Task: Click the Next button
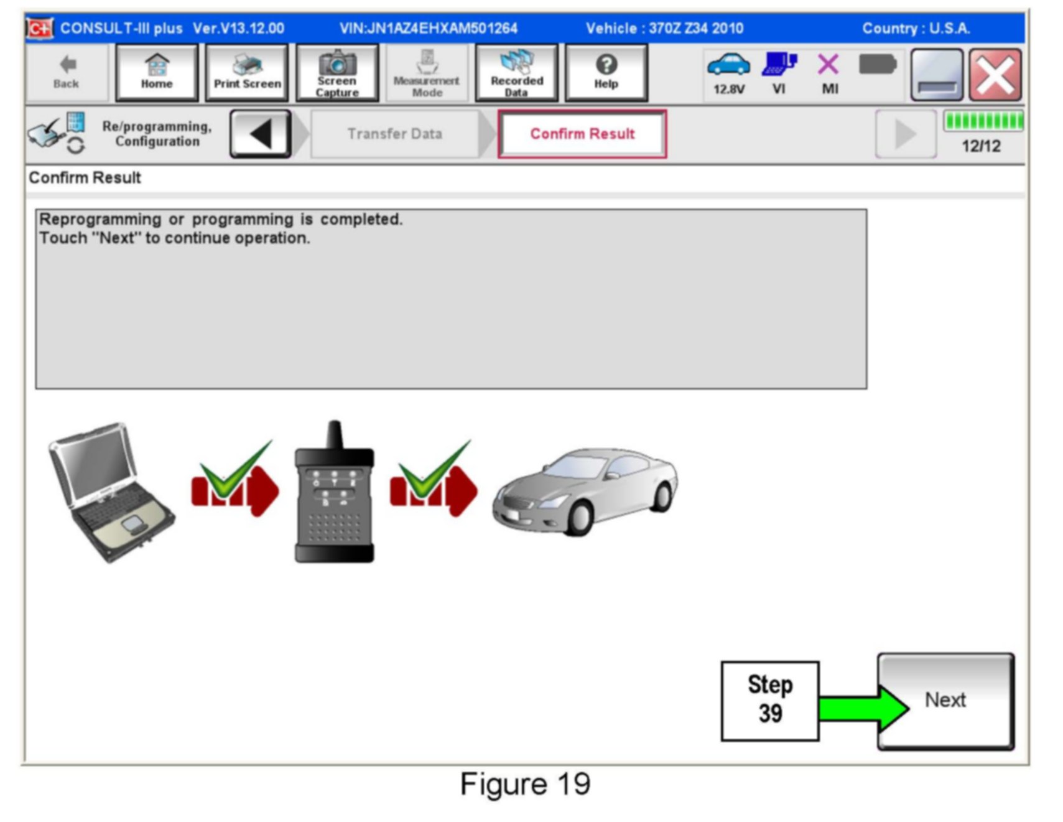(945, 701)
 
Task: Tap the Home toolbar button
(157, 73)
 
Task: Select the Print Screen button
(247, 73)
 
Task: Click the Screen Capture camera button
(337, 73)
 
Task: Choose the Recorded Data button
(516, 73)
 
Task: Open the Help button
(606, 73)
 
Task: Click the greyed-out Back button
(67, 73)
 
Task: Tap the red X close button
(995, 75)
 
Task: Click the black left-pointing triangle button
(261, 134)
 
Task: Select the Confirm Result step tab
(582, 134)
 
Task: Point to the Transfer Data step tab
(394, 134)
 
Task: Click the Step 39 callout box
(769, 701)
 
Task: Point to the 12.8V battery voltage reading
(728, 89)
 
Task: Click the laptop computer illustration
(111, 491)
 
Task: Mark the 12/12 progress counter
(981, 146)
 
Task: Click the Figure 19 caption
(525, 784)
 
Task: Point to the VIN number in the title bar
(429, 29)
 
